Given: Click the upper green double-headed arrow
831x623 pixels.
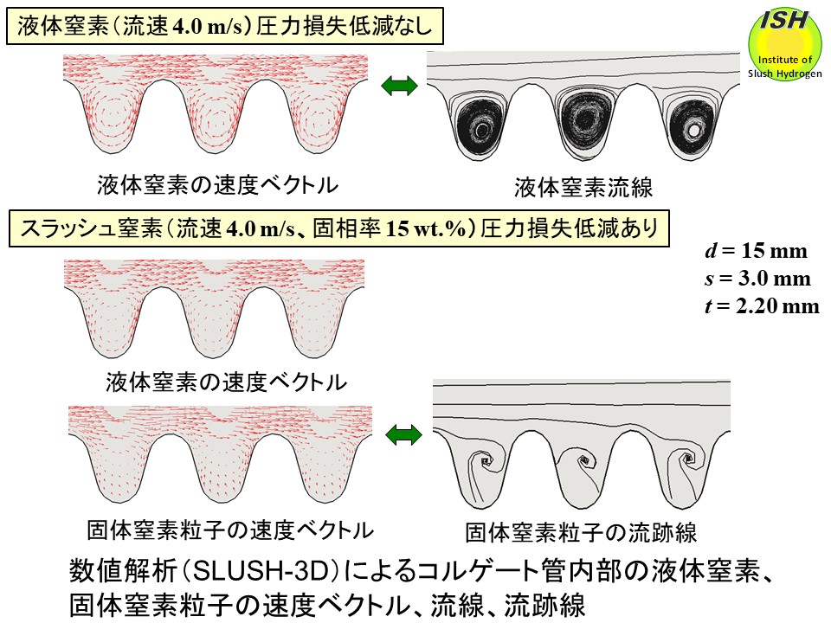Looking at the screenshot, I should coord(399,87).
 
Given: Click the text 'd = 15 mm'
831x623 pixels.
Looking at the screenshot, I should coord(756,252).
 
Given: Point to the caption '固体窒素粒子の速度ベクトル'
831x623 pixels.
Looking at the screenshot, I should coord(230,529).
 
